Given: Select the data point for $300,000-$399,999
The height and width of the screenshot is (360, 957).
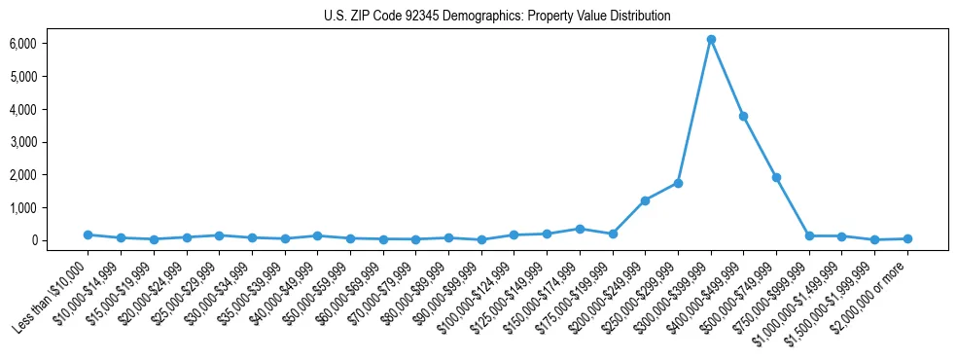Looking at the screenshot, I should pos(711,39).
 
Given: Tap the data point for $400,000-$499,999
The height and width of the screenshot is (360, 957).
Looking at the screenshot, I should pos(744,116).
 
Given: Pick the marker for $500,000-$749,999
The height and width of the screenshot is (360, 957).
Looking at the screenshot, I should pos(777,177).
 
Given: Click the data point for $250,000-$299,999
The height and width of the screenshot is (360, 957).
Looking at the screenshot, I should pos(678,183).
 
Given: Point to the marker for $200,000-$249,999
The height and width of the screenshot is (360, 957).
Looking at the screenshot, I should pos(645,200).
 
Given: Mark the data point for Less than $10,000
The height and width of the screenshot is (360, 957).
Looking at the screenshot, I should pos(88,234).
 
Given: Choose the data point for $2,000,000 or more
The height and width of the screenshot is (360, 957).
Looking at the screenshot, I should pos(907,238).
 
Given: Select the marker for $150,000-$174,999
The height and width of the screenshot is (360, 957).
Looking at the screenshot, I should pos(580,229).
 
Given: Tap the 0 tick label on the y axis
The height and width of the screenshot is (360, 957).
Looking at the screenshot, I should pos(60,240).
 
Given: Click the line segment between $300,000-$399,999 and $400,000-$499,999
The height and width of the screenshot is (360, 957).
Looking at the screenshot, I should pos(727,78).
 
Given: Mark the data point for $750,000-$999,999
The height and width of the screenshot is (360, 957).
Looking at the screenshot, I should pos(809,235).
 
